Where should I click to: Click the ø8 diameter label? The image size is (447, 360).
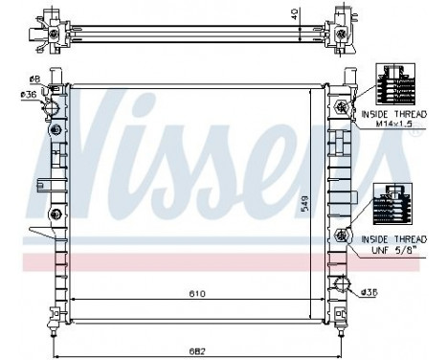pyautogui.click(x=33, y=79)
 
